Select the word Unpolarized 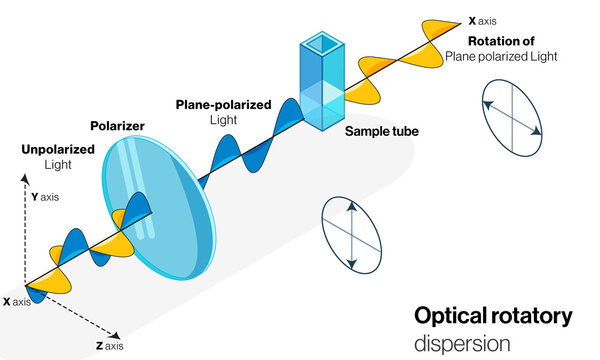(58, 151)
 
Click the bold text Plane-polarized (224, 104)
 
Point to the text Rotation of (507, 41)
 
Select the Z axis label (109, 345)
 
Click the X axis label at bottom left (16, 301)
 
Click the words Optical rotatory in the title (493, 317)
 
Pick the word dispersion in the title (462, 342)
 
